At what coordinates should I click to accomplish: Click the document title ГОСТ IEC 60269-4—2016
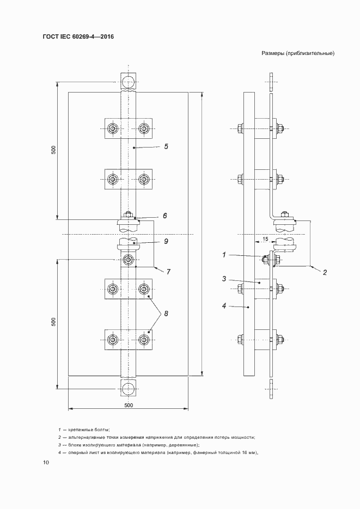coord(78,38)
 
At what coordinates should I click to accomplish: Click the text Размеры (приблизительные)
coord(297,53)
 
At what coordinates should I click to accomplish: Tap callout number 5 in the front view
coord(166,146)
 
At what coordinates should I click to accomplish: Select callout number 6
coord(164,216)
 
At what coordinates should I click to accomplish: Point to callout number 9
coord(166,241)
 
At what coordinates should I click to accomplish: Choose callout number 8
coord(166,313)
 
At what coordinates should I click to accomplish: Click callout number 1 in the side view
coord(223,254)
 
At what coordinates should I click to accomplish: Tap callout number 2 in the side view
coord(325,272)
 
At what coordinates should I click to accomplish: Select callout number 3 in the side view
coord(223,279)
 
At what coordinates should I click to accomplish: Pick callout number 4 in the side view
coord(223,305)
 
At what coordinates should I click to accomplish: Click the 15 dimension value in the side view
coord(265,239)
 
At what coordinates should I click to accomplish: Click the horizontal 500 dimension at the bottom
coord(129,405)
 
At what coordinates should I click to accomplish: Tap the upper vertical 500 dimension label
coord(53,150)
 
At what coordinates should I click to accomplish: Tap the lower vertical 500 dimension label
coord(53,322)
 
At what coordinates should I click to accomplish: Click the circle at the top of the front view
coord(129,83)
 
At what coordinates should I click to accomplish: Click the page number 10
coord(46,463)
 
